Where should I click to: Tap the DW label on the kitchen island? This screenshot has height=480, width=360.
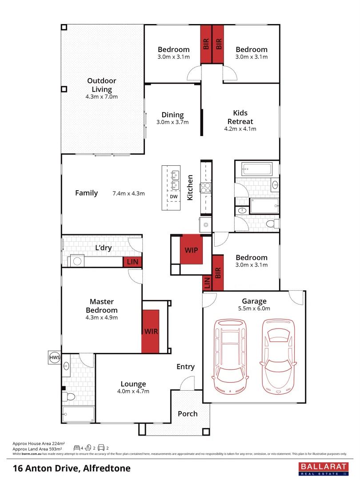[x=173, y=196]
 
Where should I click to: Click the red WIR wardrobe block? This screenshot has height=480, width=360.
[x=150, y=331]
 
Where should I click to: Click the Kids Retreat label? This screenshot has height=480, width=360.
[x=240, y=117]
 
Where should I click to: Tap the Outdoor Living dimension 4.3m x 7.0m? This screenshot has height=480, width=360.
[x=101, y=96]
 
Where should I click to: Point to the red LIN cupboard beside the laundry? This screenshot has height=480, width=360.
[x=132, y=262]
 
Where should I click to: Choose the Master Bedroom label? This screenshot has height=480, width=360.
[x=101, y=306]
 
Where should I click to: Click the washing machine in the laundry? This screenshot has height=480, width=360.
[x=78, y=261]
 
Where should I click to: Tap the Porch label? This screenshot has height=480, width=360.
[x=188, y=414]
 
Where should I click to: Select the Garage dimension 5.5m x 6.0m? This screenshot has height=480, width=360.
[x=254, y=308]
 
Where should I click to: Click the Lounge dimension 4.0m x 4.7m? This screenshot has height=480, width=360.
[x=133, y=391]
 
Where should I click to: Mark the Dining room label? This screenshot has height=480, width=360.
[x=172, y=115]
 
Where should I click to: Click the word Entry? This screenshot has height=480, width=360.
[x=185, y=367]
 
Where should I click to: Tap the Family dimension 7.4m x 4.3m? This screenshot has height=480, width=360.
[x=129, y=193]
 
